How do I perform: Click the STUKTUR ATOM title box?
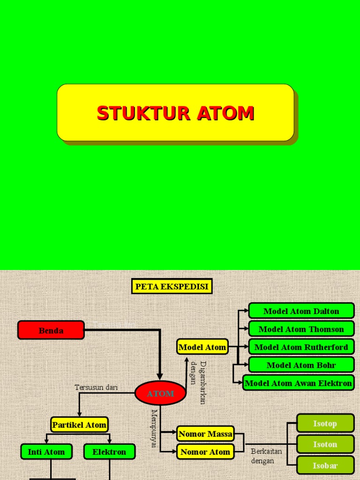(175, 112)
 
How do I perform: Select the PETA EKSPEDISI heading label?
(172, 286)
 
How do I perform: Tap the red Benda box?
(51, 330)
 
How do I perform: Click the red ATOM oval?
(160, 393)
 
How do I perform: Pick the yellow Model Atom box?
(202, 347)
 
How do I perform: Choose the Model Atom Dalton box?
(301, 311)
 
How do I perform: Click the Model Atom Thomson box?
(301, 329)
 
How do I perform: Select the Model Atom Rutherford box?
(301, 347)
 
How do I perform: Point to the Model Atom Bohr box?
(301, 365)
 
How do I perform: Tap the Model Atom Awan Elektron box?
(299, 383)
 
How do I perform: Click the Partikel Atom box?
(79, 425)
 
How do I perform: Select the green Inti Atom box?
(46, 452)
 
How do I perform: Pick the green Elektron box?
(109, 452)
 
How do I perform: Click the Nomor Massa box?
(205, 434)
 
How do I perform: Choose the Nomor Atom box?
(205, 451)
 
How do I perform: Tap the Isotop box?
(325, 423)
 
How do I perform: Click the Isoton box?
(325, 444)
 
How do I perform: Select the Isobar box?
(325, 465)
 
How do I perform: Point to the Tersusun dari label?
(96, 387)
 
